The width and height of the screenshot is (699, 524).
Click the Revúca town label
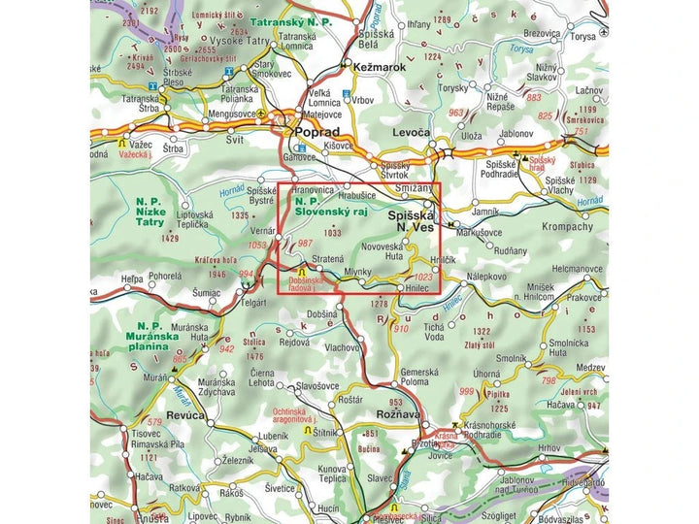(185, 414)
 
